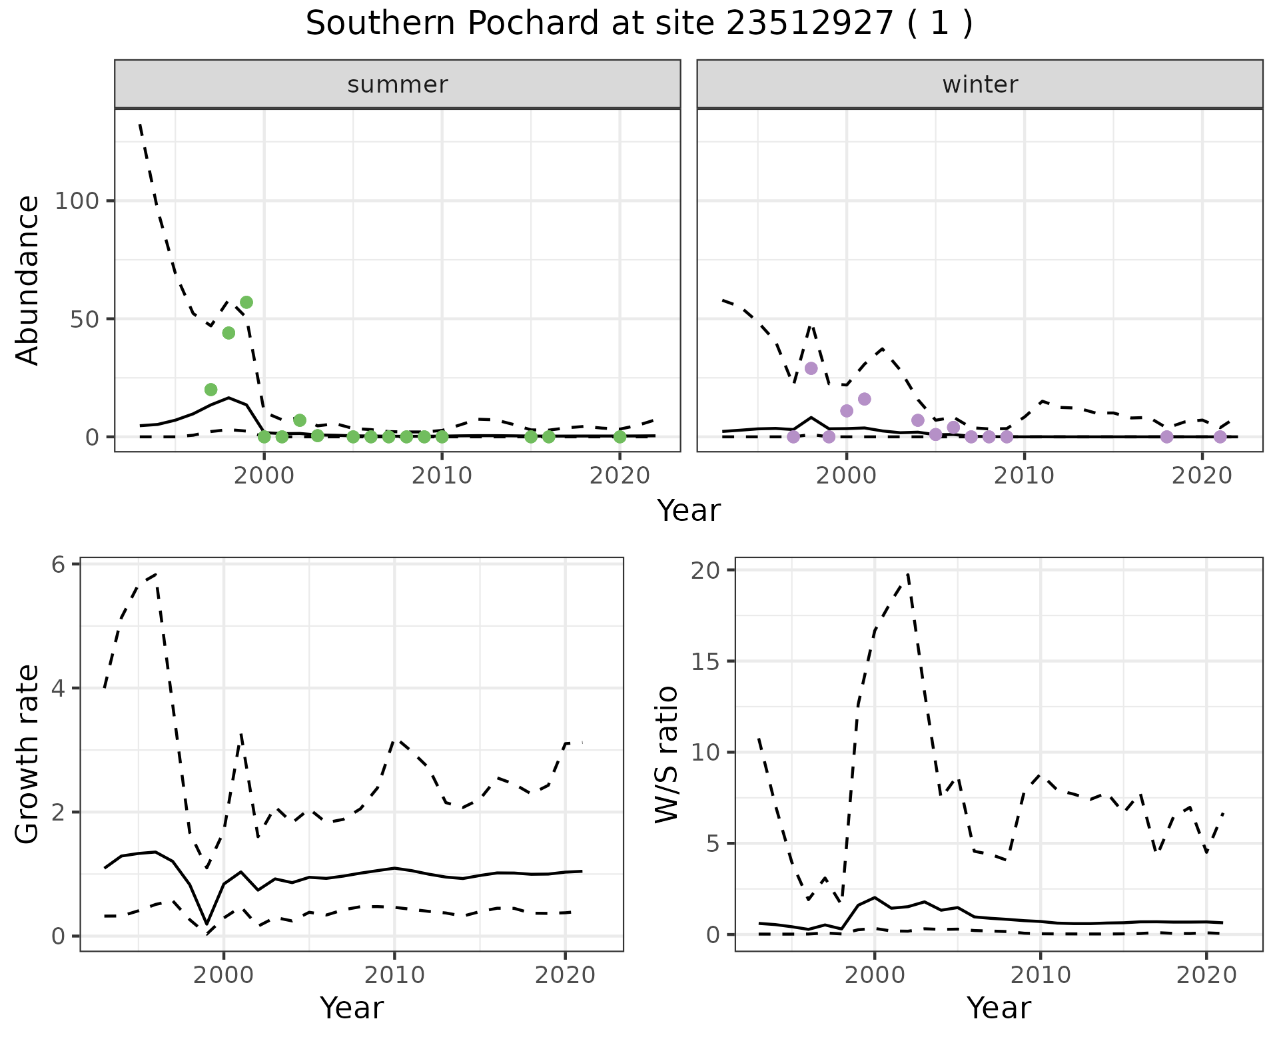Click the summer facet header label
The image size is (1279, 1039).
tap(398, 85)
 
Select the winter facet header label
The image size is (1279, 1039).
tap(980, 85)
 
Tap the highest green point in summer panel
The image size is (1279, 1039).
tap(246, 302)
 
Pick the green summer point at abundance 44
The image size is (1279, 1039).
tap(228, 333)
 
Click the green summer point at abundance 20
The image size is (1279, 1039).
tap(211, 390)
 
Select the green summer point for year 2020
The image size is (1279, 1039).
tap(620, 437)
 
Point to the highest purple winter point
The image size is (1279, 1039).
tap(811, 368)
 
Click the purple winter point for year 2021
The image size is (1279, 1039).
tap(1220, 437)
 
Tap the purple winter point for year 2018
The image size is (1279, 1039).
tap(1166, 437)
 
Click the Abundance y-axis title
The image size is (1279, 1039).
tap(28, 280)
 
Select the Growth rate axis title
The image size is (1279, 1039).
tap(28, 755)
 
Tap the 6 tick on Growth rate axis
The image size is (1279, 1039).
tap(59, 565)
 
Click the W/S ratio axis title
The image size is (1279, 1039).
tap(666, 755)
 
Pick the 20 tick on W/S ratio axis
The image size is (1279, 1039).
tap(705, 570)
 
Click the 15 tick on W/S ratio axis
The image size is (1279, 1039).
tap(705, 661)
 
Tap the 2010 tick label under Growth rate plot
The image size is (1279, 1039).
tap(394, 976)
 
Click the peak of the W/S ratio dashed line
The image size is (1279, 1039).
tap(908, 573)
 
